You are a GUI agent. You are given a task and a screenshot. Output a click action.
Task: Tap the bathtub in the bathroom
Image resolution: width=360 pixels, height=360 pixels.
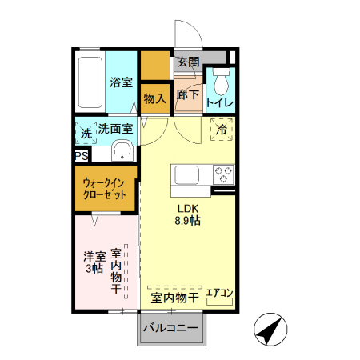click(91, 84)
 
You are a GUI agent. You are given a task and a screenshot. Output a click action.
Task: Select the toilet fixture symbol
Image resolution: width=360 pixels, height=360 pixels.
click(221, 82)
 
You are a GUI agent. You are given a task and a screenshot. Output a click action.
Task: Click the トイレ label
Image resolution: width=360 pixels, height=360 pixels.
click(220, 103)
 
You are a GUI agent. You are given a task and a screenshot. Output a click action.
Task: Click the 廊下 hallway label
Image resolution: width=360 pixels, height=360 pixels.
click(188, 95)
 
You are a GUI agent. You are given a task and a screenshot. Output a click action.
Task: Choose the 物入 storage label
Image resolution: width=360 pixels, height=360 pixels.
click(154, 98)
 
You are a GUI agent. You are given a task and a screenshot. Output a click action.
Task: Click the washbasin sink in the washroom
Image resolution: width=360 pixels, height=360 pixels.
click(122, 150)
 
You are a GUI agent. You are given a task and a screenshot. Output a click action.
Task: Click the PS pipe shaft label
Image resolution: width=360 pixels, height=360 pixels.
click(81, 156)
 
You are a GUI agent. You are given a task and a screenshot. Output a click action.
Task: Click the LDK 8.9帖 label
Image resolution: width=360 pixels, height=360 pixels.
click(190, 216)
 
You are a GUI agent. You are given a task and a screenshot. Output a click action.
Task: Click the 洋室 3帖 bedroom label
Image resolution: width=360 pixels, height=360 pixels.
click(95, 262)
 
